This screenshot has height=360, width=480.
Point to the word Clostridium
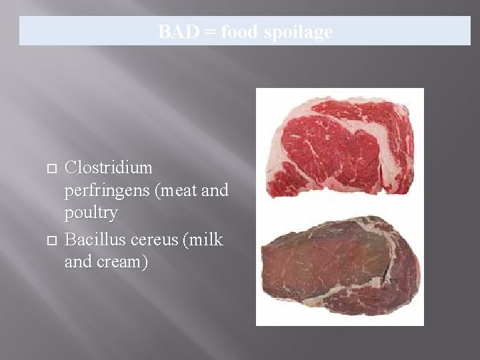click(109, 167)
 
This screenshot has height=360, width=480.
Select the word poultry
click(91, 213)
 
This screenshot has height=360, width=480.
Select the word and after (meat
click(215, 191)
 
